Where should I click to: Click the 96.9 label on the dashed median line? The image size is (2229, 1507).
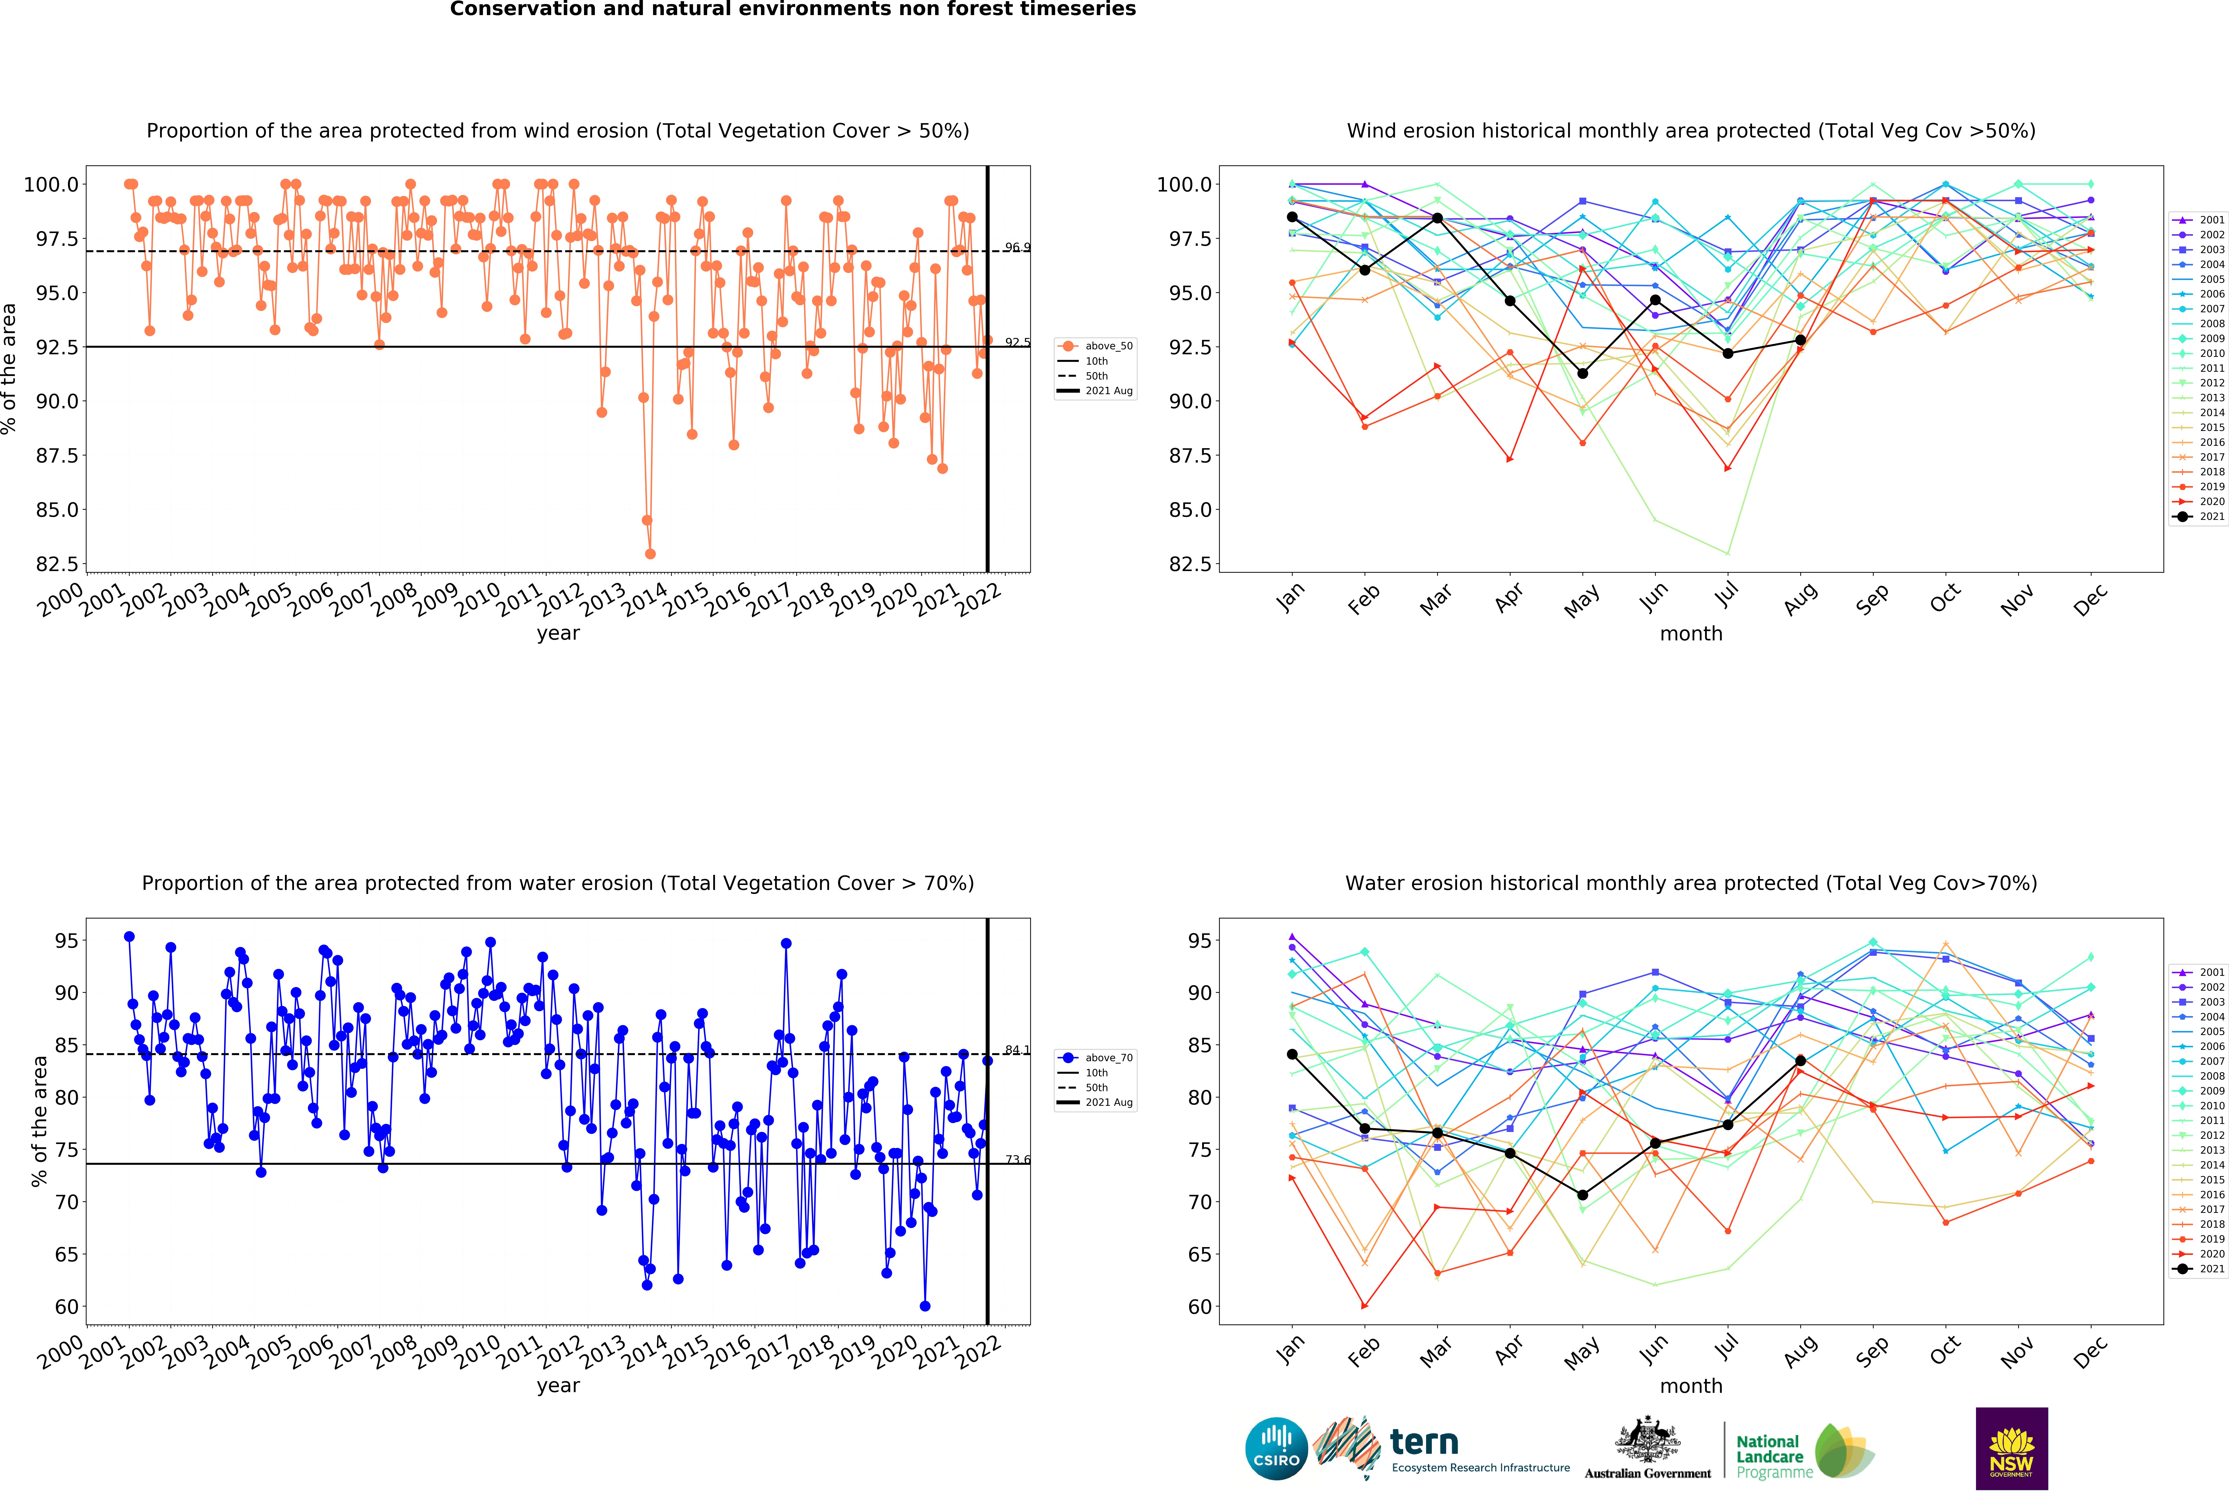click(1017, 247)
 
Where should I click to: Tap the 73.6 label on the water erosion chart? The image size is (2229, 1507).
click(1017, 1160)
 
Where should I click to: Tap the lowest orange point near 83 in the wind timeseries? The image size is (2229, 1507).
click(650, 554)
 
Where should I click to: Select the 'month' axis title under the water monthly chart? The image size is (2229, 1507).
click(1691, 1386)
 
